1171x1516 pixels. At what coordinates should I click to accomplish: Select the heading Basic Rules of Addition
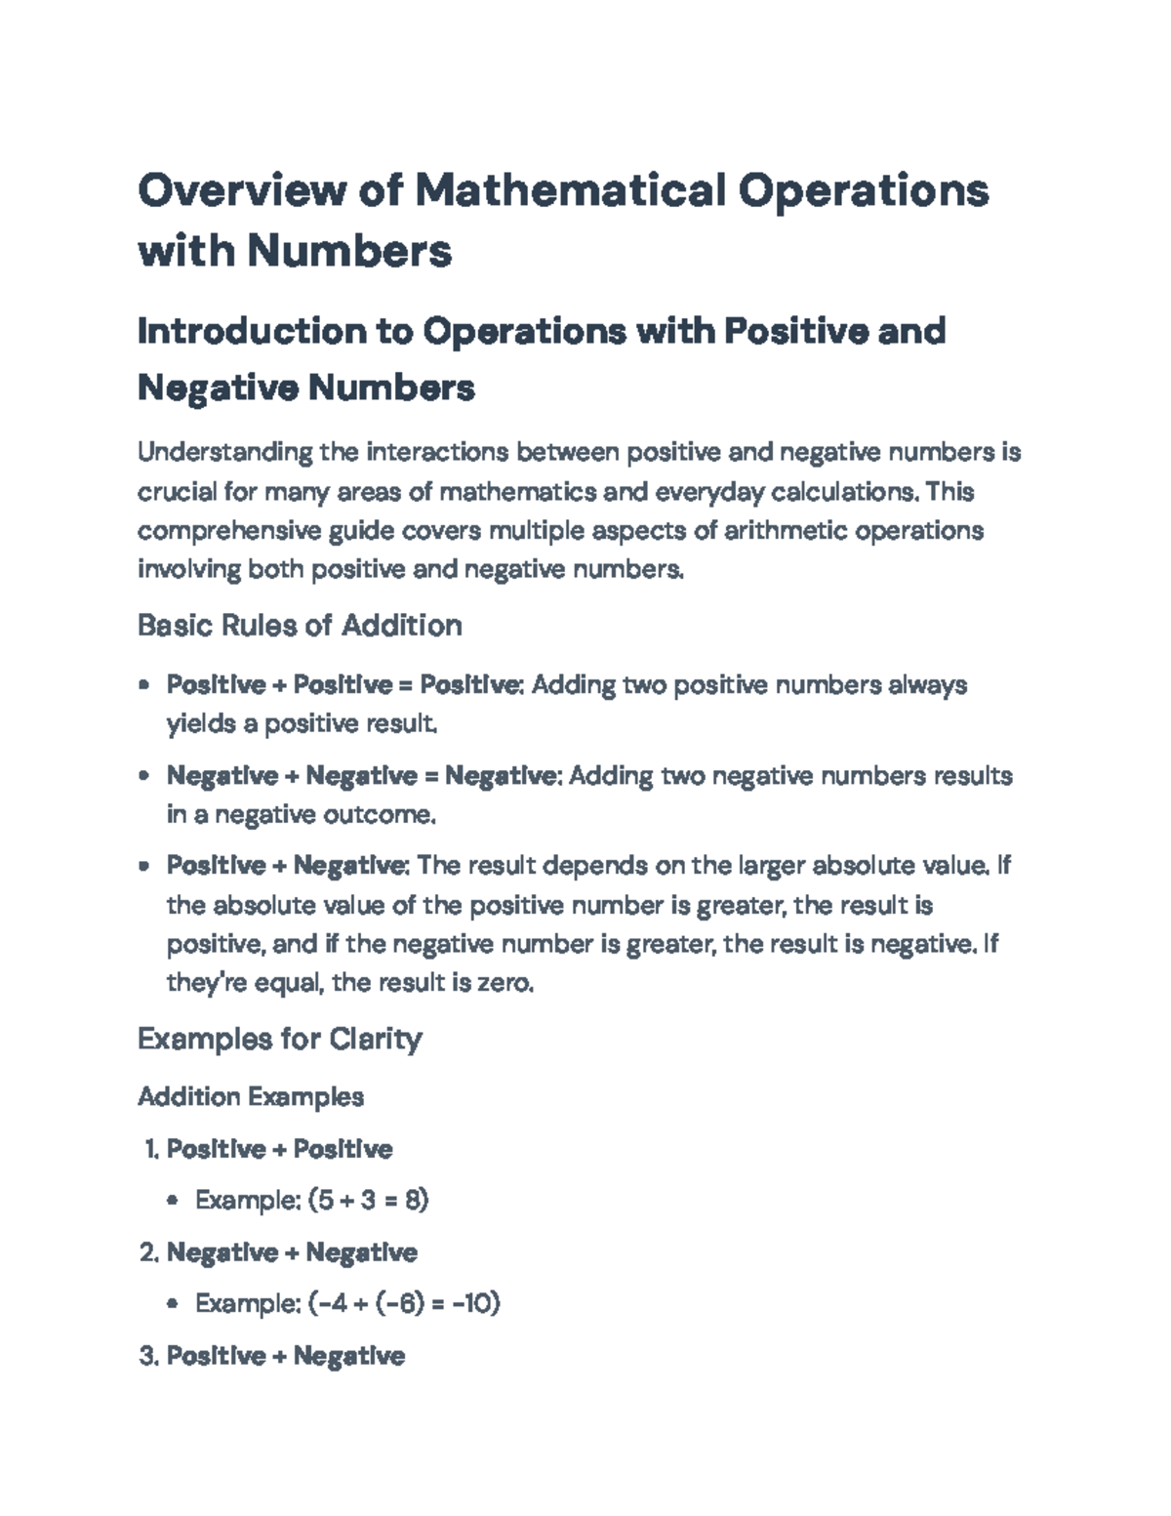[300, 625]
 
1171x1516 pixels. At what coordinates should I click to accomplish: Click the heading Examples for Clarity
[279, 1039]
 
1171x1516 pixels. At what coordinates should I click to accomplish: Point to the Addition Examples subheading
[251, 1097]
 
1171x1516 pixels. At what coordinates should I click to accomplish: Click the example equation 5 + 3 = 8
[368, 1200]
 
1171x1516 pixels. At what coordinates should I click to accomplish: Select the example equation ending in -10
[404, 1303]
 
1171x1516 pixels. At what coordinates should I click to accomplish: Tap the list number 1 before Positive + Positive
[149, 1149]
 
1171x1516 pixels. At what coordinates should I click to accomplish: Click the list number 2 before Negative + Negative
[148, 1252]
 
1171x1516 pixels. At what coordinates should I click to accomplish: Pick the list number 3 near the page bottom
[148, 1356]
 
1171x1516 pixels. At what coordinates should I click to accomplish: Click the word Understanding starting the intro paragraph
[225, 453]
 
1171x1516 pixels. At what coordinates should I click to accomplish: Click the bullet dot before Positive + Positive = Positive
[144, 685]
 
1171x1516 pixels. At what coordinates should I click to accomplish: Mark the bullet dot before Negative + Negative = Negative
[144, 776]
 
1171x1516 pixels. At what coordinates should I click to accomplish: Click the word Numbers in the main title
[348, 251]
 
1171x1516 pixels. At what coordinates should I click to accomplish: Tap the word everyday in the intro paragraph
[709, 492]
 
